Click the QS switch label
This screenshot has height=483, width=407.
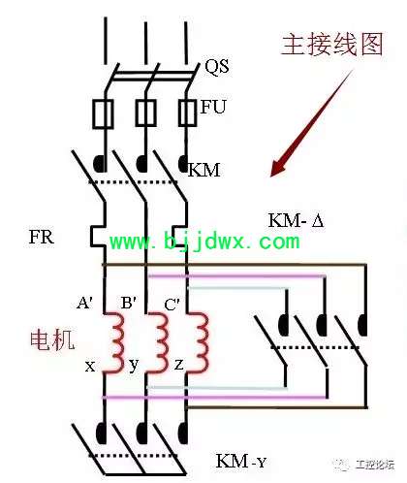(x=217, y=67)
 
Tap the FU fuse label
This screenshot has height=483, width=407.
(x=213, y=107)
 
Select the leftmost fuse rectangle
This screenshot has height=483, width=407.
(x=104, y=114)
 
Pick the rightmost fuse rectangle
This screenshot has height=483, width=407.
(x=187, y=113)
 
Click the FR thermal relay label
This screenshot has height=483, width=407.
(x=41, y=237)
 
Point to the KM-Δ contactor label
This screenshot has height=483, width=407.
(x=296, y=221)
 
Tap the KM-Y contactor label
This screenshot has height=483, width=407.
(x=240, y=461)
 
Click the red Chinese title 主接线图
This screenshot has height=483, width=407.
(x=332, y=45)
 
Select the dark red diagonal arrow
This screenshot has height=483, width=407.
(x=311, y=123)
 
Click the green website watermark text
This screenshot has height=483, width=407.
(x=204, y=241)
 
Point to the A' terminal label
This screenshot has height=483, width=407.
(x=85, y=304)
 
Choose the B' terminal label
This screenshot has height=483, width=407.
(x=128, y=304)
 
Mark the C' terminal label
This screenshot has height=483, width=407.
(x=172, y=305)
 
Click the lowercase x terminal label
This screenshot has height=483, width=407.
(x=90, y=367)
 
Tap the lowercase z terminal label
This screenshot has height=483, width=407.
(x=178, y=365)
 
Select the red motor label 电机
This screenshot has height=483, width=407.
(x=52, y=340)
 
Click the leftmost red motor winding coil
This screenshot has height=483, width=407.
(x=117, y=342)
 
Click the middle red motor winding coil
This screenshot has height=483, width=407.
(x=162, y=342)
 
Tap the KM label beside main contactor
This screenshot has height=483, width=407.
(x=204, y=170)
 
